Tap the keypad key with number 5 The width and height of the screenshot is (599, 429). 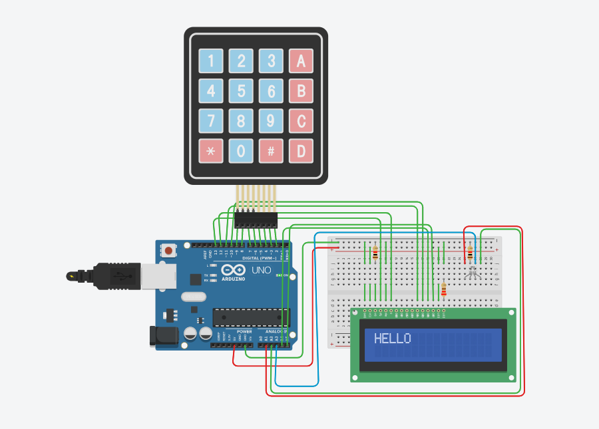241,90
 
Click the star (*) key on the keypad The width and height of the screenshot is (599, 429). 211,151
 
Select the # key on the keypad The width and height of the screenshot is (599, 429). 271,151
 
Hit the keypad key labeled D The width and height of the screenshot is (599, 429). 301,151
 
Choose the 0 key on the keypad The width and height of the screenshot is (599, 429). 241,151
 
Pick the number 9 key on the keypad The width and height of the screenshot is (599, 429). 271,121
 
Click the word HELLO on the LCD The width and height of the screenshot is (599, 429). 392,338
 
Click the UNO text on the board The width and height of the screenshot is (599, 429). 260,270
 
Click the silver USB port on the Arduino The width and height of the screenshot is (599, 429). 123,276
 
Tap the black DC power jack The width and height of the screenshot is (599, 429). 164,335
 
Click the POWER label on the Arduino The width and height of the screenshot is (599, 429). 244,331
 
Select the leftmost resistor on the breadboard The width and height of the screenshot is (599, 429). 375,252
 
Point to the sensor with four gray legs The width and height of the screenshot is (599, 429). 472,272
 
